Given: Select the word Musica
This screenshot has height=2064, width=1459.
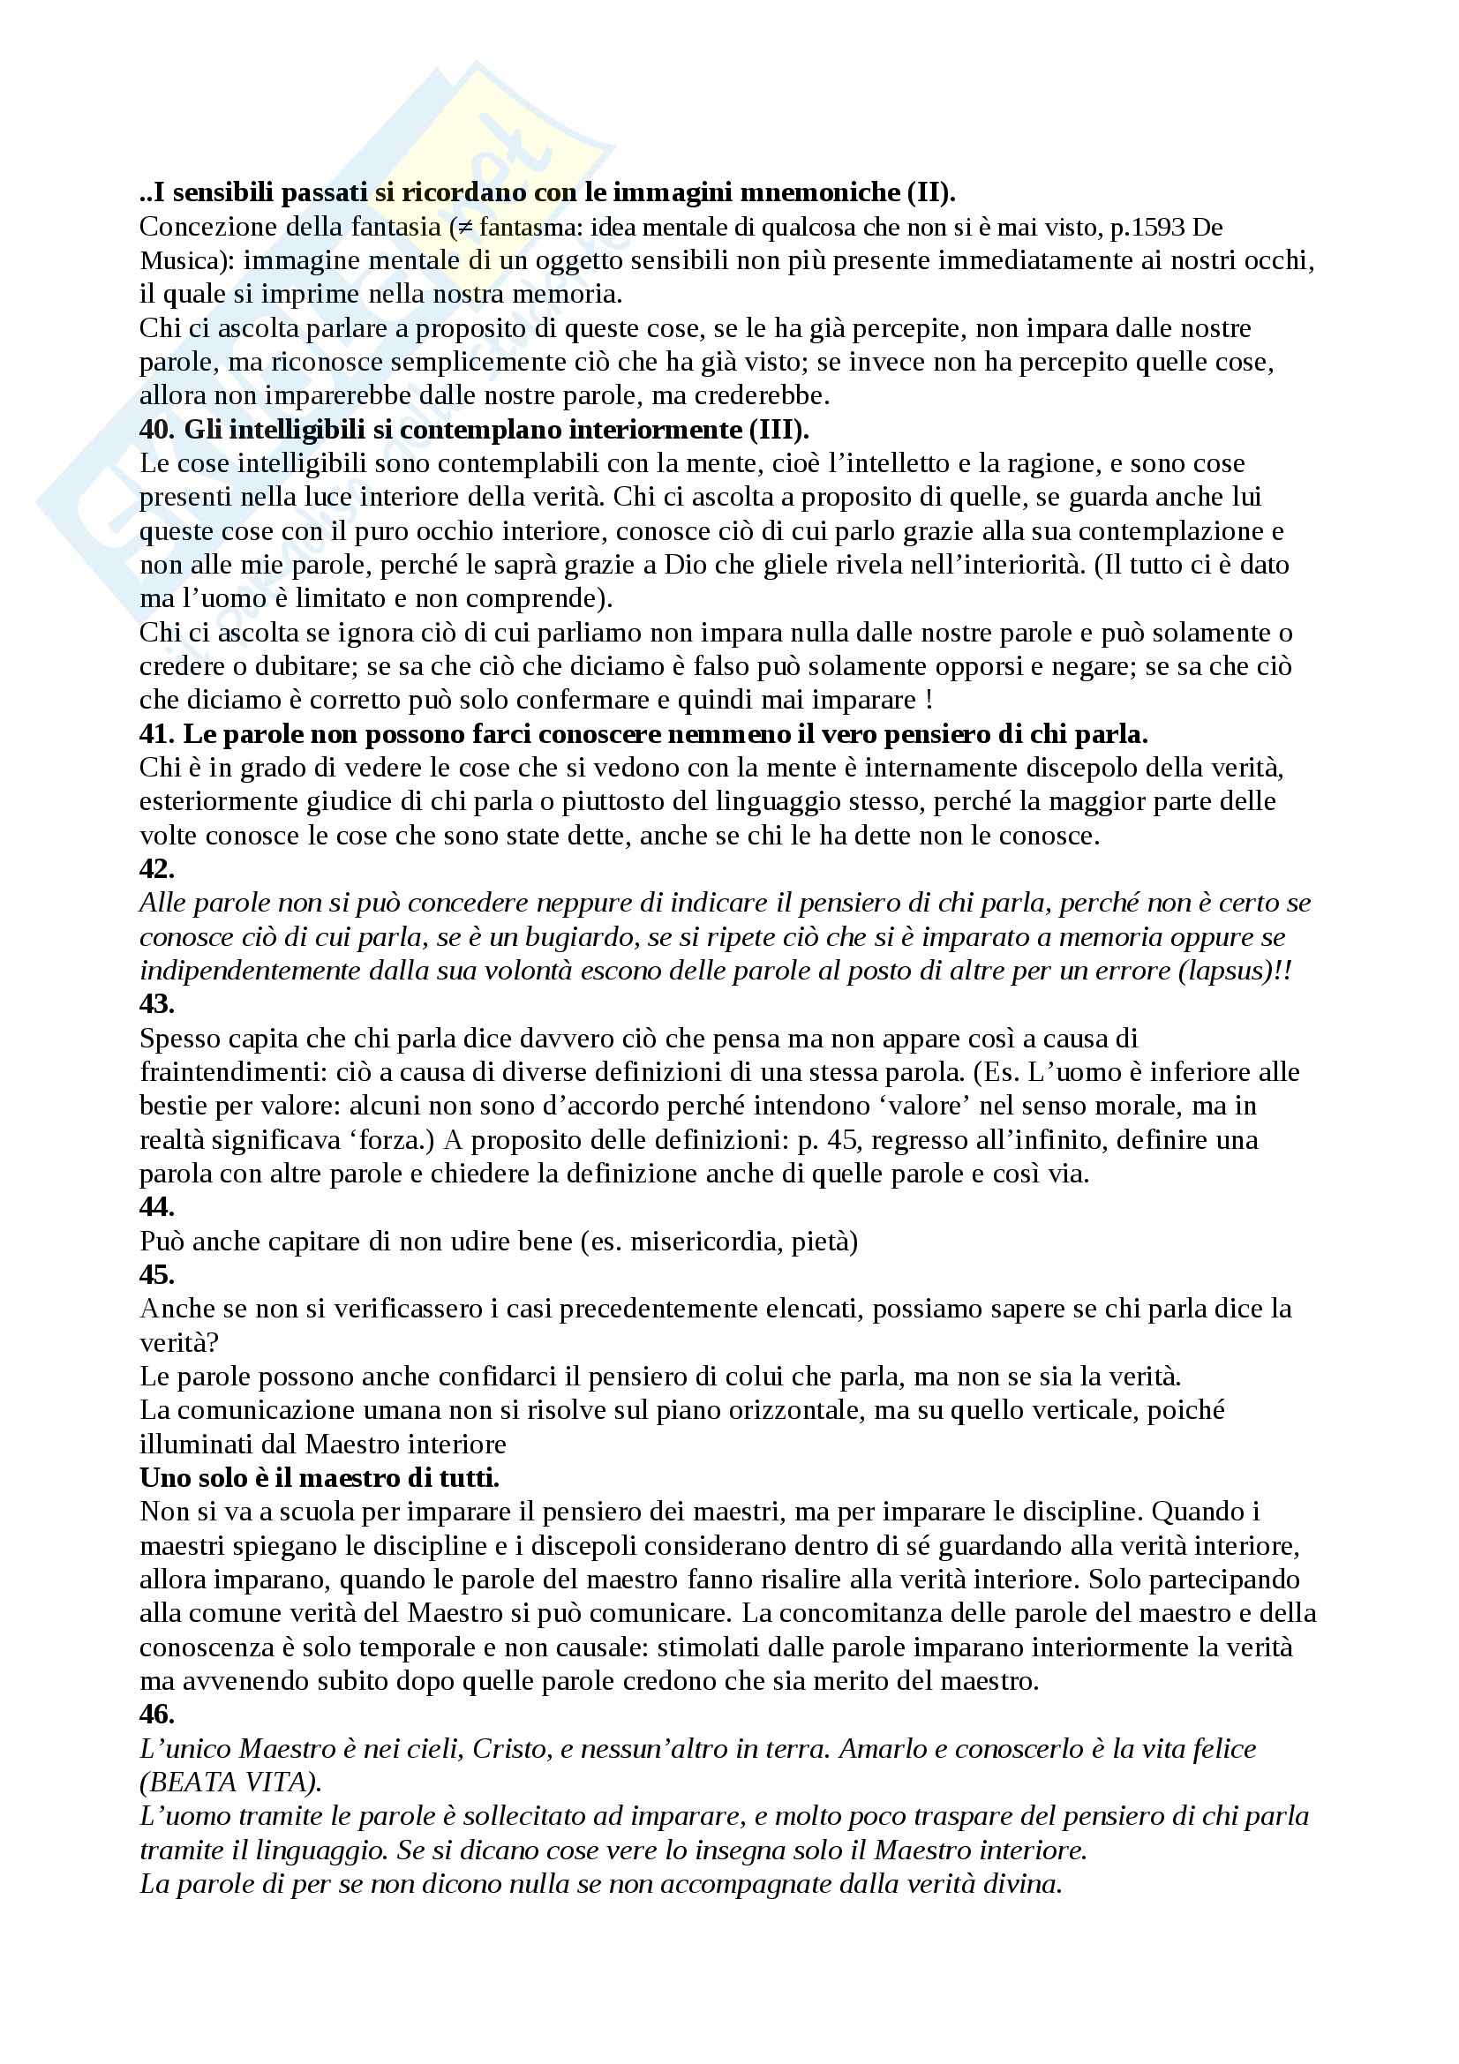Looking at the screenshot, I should [183, 260].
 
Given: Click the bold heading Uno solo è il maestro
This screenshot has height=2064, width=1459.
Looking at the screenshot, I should [320, 1478].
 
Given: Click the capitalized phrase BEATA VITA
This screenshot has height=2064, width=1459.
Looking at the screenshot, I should [232, 1782].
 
